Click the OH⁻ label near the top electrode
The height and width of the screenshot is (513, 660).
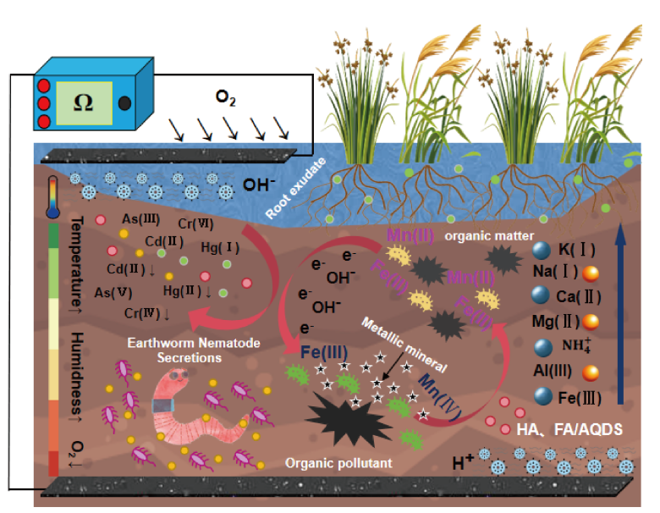tap(261, 185)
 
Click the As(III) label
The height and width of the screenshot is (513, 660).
tap(137, 219)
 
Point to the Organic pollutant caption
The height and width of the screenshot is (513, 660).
tap(326, 462)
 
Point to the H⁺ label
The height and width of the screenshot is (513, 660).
tap(462, 461)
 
